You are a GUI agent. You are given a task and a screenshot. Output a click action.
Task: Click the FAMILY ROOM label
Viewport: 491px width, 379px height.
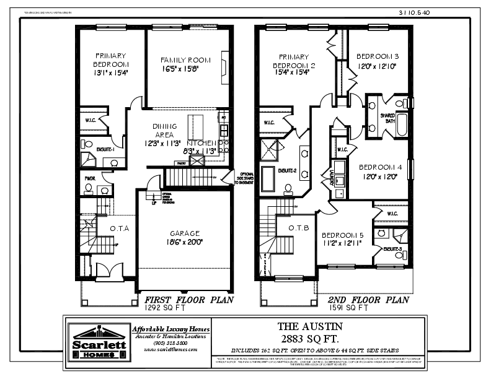(x=185, y=60)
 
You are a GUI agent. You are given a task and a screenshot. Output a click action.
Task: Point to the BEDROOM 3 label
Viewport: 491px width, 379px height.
(x=378, y=56)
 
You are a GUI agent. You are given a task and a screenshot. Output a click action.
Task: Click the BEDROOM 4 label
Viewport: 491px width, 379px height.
(x=380, y=167)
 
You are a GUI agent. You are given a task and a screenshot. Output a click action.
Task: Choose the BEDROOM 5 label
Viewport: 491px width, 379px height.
(x=343, y=235)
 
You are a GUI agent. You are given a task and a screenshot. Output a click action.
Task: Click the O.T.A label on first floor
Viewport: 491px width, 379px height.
(x=119, y=229)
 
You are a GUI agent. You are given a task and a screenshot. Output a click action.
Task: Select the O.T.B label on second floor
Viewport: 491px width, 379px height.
(x=299, y=227)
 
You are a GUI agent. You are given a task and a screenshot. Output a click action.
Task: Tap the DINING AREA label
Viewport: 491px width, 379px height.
(x=164, y=130)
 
